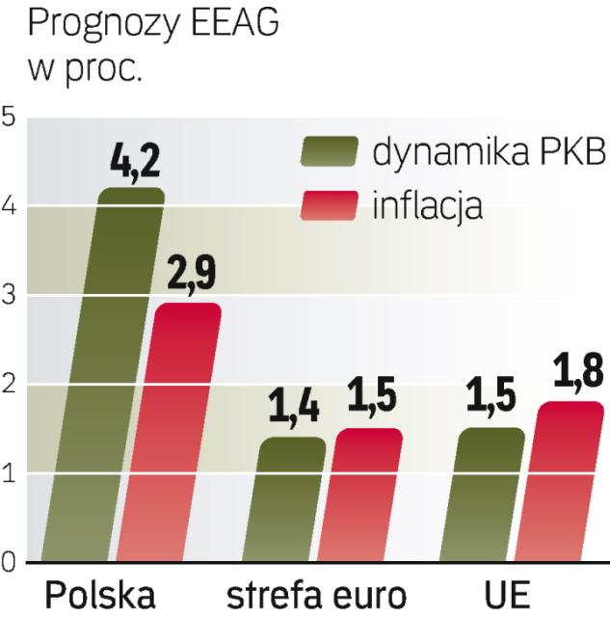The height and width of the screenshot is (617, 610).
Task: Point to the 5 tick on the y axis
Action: [10, 118]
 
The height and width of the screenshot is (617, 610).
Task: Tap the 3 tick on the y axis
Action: [10, 296]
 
